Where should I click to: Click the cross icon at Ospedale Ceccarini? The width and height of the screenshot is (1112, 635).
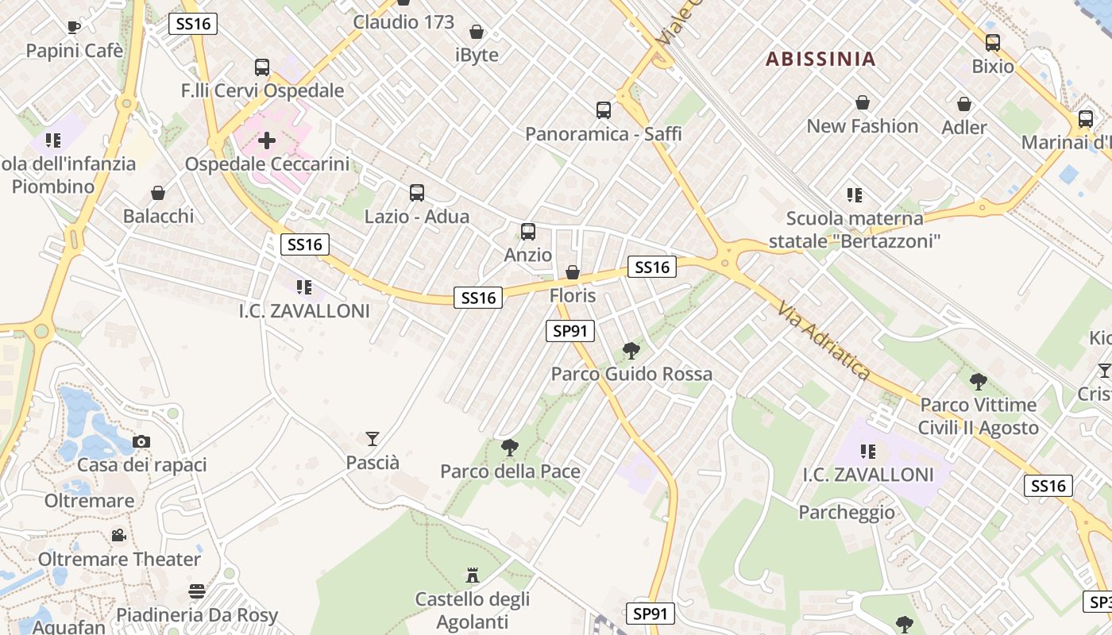coord(267,141)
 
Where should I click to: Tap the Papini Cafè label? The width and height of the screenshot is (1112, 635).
coord(75,51)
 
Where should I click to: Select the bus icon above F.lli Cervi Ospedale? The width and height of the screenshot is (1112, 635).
coord(262,67)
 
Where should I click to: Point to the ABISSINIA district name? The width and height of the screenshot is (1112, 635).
coord(820,59)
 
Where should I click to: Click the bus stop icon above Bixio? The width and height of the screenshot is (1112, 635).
coord(992,43)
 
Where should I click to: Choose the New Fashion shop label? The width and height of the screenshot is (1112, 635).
coord(862,126)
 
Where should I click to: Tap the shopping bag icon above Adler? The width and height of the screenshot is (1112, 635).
coord(963,104)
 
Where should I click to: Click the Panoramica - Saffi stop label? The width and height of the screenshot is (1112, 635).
coord(603,133)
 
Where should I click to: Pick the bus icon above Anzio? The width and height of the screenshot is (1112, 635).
coord(528,232)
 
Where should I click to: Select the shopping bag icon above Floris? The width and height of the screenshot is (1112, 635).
coord(572,273)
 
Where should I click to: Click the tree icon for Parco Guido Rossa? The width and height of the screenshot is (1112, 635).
coord(631,350)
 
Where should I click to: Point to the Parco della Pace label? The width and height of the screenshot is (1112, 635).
coord(510,471)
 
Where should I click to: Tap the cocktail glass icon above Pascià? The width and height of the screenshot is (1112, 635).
coord(372,438)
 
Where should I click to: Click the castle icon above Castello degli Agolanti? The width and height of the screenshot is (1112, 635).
coord(473,575)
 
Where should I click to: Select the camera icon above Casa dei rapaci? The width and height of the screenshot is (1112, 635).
coord(141,441)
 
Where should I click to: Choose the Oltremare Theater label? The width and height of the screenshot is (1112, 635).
coord(119,559)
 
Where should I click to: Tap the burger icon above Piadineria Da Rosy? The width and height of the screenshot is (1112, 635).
coord(197,591)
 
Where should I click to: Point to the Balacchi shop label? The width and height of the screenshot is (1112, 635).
coord(158,216)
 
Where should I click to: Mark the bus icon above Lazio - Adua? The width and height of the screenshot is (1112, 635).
coord(417,192)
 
